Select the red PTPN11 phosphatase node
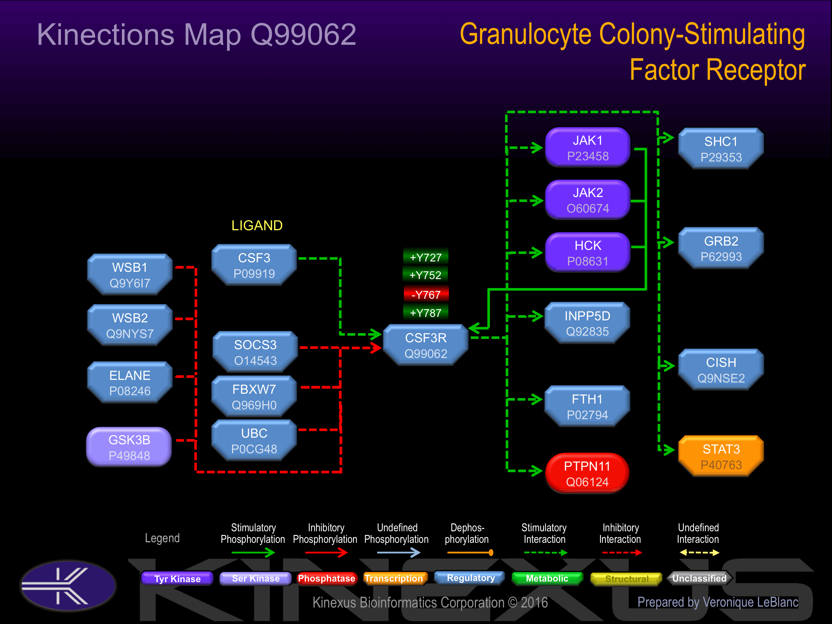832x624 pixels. coord(587,473)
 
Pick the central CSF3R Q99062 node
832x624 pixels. coord(426,345)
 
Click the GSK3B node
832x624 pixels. coord(129,447)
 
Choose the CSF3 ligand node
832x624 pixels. coord(254,265)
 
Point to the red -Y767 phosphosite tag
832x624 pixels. coord(426,294)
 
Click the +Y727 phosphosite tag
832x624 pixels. coord(426,257)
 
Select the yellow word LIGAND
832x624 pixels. coord(257,225)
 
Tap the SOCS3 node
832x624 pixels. coord(255,352)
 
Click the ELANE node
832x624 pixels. coord(130,382)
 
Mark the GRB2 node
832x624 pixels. coord(721,248)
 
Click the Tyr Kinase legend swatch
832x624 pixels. coord(177,578)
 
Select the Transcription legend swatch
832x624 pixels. coord(394,578)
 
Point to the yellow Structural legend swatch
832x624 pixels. coord(626,578)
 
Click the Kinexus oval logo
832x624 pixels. coord(69,586)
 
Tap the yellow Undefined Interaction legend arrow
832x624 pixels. coord(699,553)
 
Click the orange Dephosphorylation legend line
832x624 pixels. coord(470,553)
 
